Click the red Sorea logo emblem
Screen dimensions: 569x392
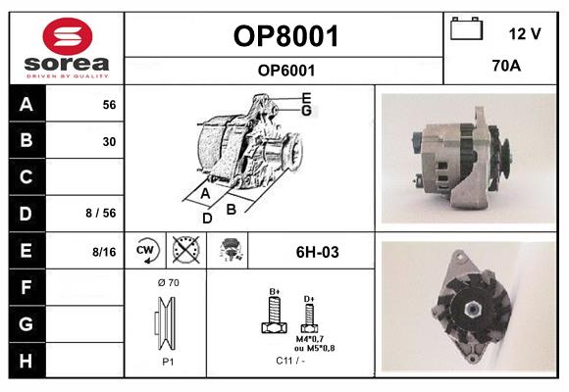point(68,36)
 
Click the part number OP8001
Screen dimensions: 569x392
point(285,36)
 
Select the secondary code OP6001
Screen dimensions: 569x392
point(286,71)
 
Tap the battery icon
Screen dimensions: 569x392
point(467,28)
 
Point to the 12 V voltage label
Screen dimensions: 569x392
point(525,33)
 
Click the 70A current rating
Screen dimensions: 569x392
point(506,66)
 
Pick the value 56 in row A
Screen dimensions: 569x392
point(109,105)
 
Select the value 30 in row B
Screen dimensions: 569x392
point(109,141)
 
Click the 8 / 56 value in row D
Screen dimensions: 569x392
point(101,213)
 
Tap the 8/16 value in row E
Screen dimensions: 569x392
point(104,252)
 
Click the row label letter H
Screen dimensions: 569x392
point(26,361)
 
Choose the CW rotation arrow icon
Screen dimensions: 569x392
point(145,250)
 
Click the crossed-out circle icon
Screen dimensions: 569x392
point(185,250)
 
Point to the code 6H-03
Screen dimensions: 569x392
point(318,252)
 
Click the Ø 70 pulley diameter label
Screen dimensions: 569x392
point(169,282)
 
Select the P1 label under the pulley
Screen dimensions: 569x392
point(168,362)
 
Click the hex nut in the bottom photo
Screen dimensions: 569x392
point(473,309)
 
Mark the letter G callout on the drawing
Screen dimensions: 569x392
point(306,110)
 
